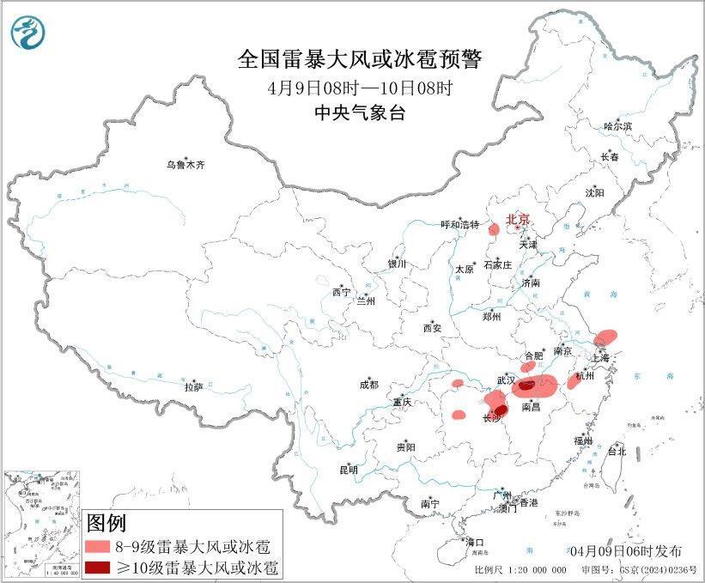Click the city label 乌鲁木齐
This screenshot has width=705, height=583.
[x=186, y=164]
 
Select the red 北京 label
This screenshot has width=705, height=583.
[x=519, y=219]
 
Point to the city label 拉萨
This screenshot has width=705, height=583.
[x=193, y=387]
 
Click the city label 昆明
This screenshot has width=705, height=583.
[x=348, y=470]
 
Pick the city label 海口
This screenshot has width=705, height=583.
[x=474, y=542]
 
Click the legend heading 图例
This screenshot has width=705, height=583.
[x=106, y=523]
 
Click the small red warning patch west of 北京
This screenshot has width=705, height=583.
[x=494, y=229]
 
